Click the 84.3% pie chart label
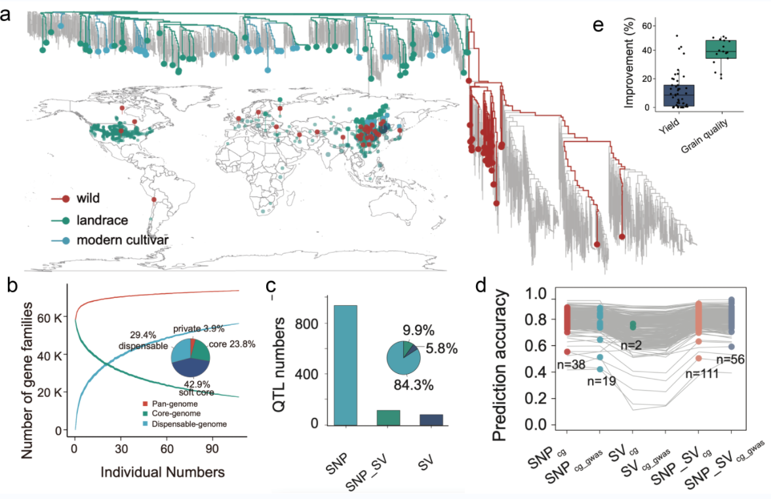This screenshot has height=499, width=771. coord(413,386)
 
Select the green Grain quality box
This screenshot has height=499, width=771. coord(721,50)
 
